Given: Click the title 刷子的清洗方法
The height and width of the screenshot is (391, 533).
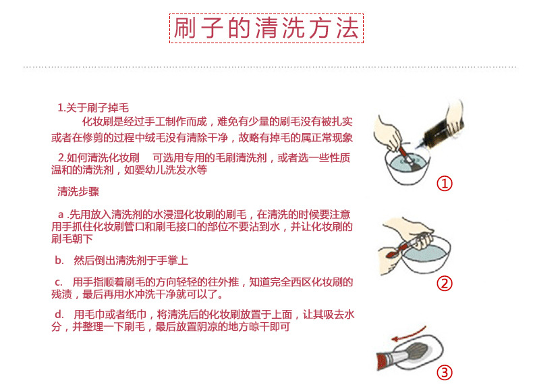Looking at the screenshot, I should coord(266,28).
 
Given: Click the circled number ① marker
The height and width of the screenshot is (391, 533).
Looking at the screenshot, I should coord(444,183).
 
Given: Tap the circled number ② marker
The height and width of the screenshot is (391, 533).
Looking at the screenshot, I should coord(444,283).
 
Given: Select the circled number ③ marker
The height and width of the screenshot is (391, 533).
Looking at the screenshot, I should coord(444,372).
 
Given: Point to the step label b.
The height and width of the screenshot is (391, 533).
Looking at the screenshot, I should coord(59,260).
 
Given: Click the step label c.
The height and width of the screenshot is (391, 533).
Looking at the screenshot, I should coord(59,282).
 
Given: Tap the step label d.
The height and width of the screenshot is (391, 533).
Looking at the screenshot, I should coord(59,314).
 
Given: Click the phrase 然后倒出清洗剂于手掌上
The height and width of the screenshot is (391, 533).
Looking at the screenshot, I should coord(130,260).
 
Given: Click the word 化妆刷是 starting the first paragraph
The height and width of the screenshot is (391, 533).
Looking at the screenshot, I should coord(102,122).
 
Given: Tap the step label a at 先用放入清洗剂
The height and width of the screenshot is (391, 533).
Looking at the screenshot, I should coord(61,213).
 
